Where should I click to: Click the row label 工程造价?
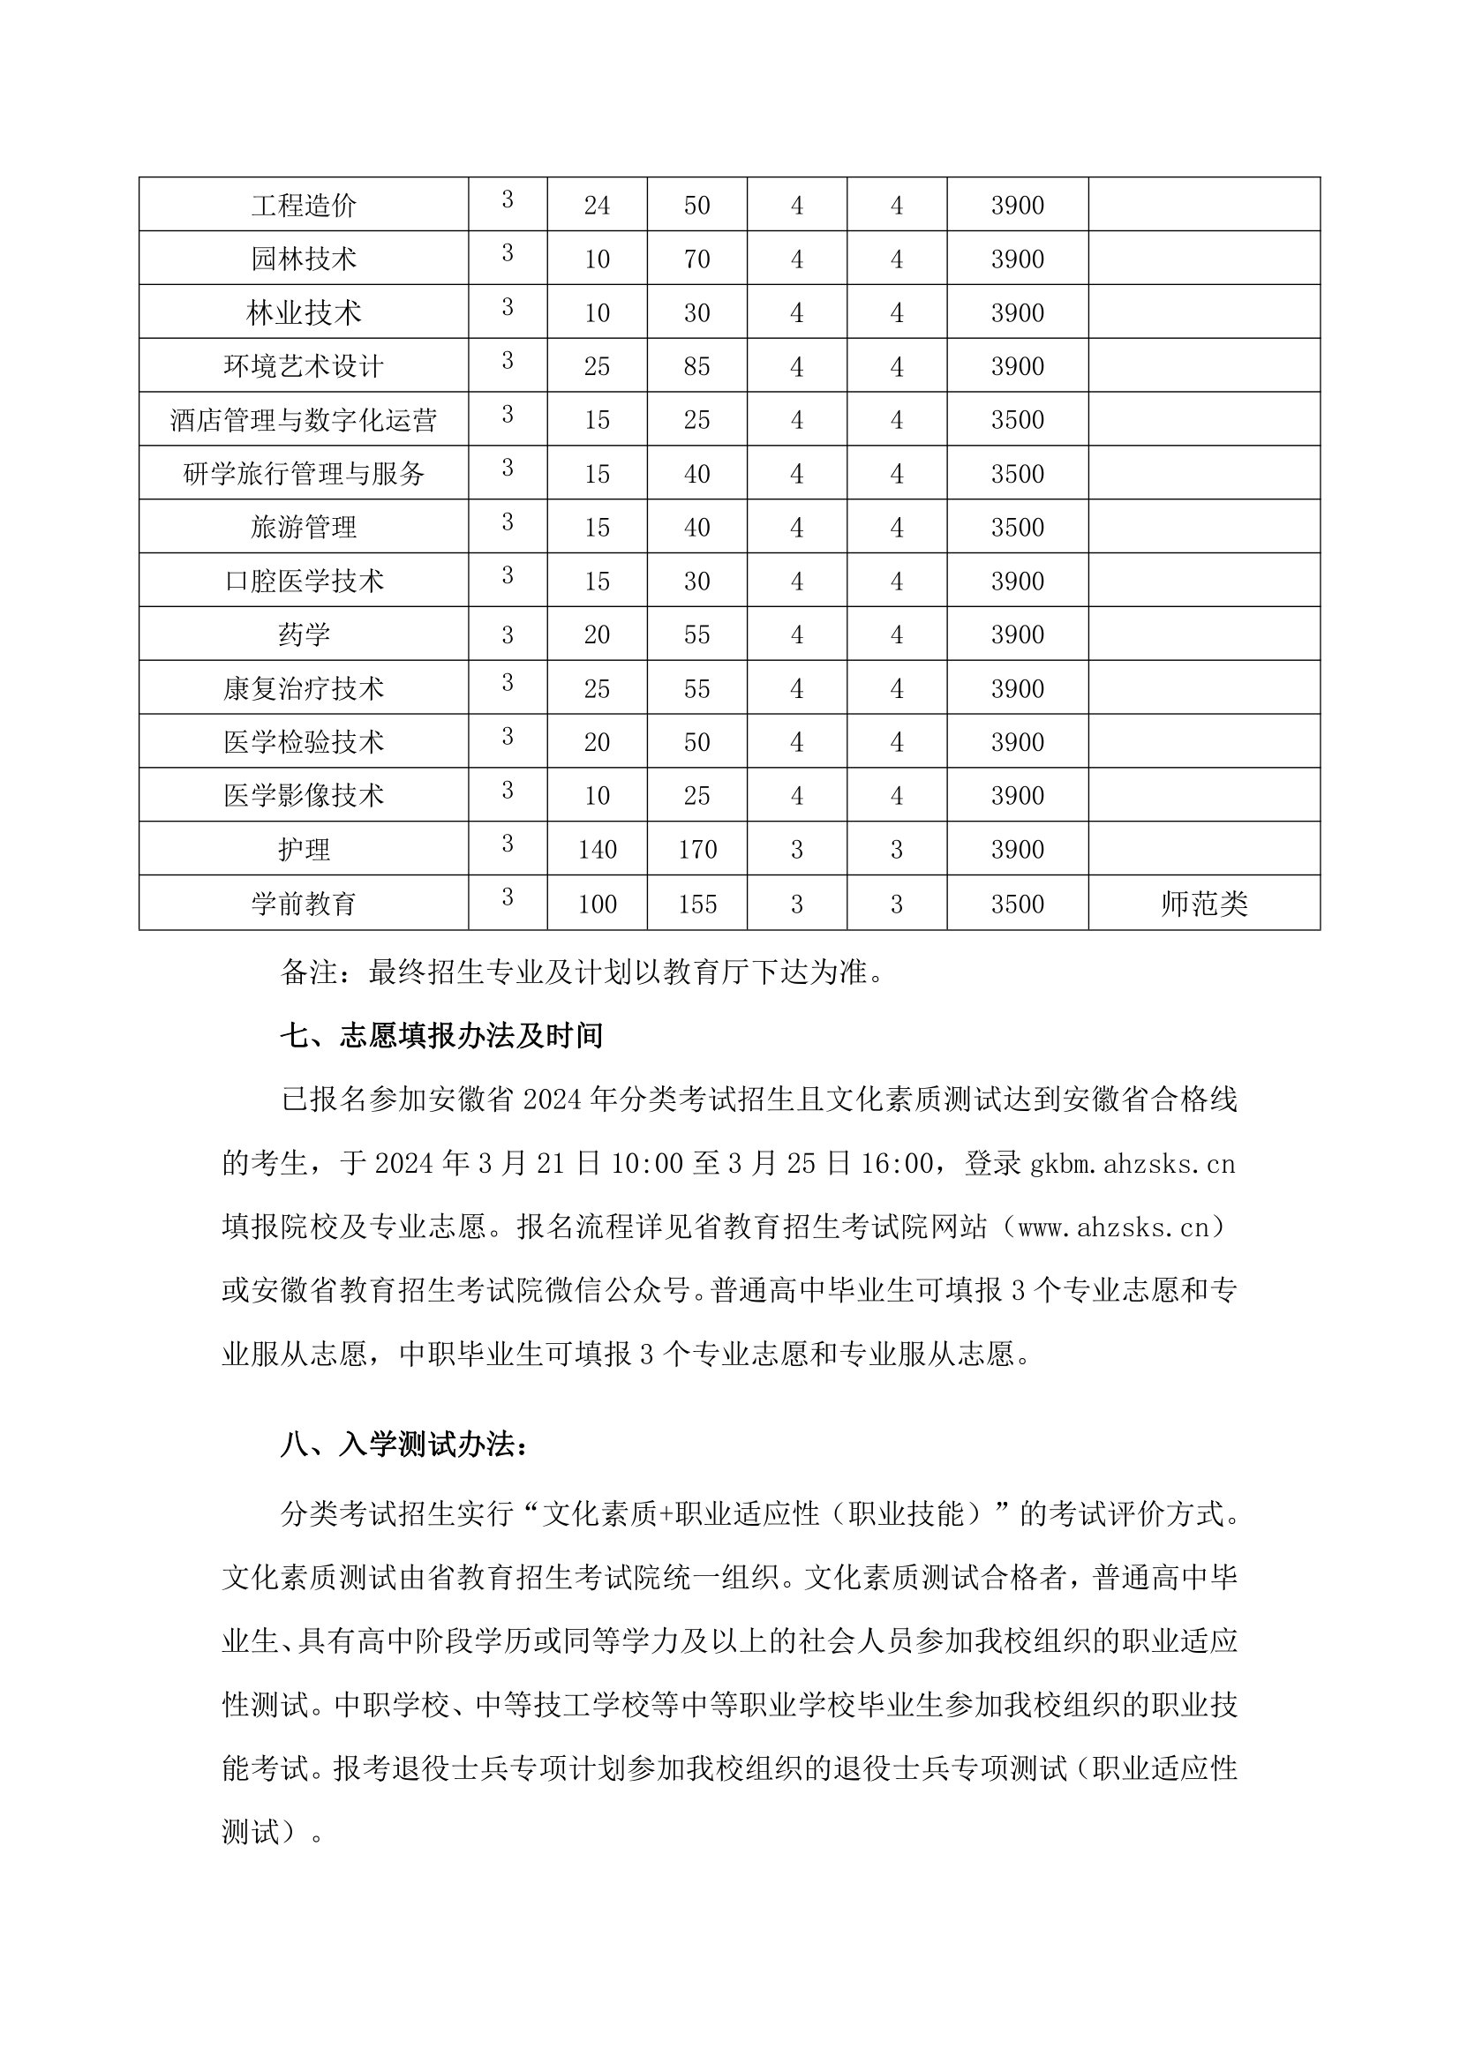click(304, 206)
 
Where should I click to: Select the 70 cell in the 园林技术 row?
click(696, 259)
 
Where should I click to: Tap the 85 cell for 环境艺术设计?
click(696, 367)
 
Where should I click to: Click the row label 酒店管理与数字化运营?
click(304, 421)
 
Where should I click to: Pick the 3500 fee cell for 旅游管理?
click(1017, 528)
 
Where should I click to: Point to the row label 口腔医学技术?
click(304, 582)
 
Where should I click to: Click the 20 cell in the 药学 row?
click(597, 635)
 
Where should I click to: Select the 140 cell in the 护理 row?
click(597, 850)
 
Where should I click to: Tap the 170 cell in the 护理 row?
click(696, 850)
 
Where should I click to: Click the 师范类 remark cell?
click(1204, 904)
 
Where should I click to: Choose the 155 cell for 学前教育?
click(696, 904)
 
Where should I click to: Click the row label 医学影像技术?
click(304, 796)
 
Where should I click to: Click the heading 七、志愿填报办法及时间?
click(441, 1036)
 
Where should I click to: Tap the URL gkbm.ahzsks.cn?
click(1133, 1164)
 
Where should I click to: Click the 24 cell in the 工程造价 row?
click(597, 206)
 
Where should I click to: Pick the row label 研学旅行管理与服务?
click(304, 475)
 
